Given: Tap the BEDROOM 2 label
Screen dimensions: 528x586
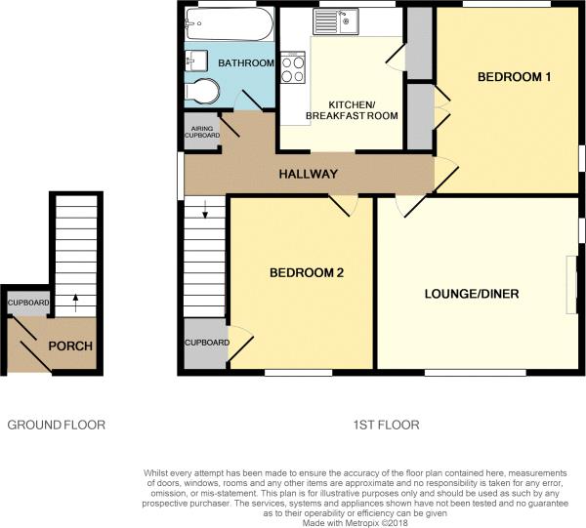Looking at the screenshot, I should click(x=307, y=273).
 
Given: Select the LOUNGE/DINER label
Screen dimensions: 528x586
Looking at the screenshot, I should click(x=471, y=294).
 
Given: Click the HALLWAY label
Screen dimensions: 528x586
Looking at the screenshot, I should click(x=309, y=175).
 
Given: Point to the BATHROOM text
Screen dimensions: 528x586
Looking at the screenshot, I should click(x=246, y=63).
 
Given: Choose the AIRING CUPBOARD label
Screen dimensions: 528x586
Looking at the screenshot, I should click(x=202, y=132).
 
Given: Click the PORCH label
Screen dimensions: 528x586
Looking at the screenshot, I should click(x=71, y=346).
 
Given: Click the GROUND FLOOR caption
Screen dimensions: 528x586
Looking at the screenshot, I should click(x=57, y=425).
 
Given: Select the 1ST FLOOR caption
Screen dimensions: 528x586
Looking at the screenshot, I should click(x=387, y=425).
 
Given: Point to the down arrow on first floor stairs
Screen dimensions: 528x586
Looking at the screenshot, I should click(x=205, y=208).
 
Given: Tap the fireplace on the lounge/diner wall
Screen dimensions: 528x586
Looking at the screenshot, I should click(x=572, y=284).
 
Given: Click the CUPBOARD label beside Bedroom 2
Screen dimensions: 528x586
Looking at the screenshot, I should click(x=206, y=343).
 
